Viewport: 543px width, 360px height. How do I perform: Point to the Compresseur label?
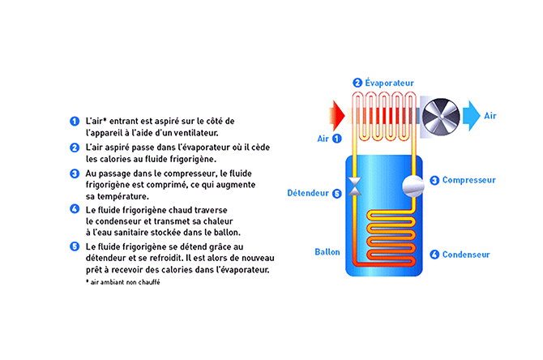pos(468,180)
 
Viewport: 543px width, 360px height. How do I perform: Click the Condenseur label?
pos(466,254)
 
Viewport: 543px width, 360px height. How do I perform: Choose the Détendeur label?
pos(308,193)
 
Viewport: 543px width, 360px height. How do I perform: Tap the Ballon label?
pos(327,252)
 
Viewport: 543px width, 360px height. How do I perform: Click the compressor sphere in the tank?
pos(411,183)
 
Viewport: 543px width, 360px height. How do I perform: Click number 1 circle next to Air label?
pos(337,139)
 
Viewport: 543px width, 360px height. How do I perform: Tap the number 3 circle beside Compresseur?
pos(434,180)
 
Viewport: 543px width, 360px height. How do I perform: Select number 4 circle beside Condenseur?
pos(434,254)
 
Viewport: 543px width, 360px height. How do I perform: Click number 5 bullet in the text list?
pos(74,246)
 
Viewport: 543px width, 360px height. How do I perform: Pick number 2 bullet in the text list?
pos(74,148)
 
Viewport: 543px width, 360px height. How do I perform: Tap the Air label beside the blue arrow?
pos(490,116)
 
